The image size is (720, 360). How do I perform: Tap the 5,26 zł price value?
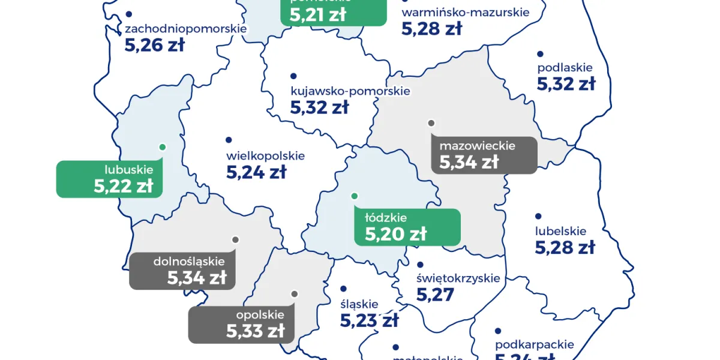154,45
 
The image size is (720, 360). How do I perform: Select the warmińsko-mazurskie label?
465,13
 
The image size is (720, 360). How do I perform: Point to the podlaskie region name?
565,68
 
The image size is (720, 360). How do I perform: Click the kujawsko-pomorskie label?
350,92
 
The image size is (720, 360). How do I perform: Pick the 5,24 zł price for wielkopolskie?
256,173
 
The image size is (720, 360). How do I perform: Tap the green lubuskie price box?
109,179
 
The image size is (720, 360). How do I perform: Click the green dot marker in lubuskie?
162,146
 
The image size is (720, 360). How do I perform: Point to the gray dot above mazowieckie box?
431,123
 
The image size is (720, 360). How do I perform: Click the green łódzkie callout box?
407,227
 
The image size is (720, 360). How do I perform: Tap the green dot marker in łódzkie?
354,196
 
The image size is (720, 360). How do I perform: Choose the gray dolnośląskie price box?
182,271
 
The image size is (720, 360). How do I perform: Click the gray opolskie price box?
241,324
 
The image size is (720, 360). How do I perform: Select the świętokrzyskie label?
458,278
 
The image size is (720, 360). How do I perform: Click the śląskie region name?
359,304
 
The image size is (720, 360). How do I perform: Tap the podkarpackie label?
534,345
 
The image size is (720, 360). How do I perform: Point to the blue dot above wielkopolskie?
229,140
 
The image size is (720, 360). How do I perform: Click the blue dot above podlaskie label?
539,54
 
